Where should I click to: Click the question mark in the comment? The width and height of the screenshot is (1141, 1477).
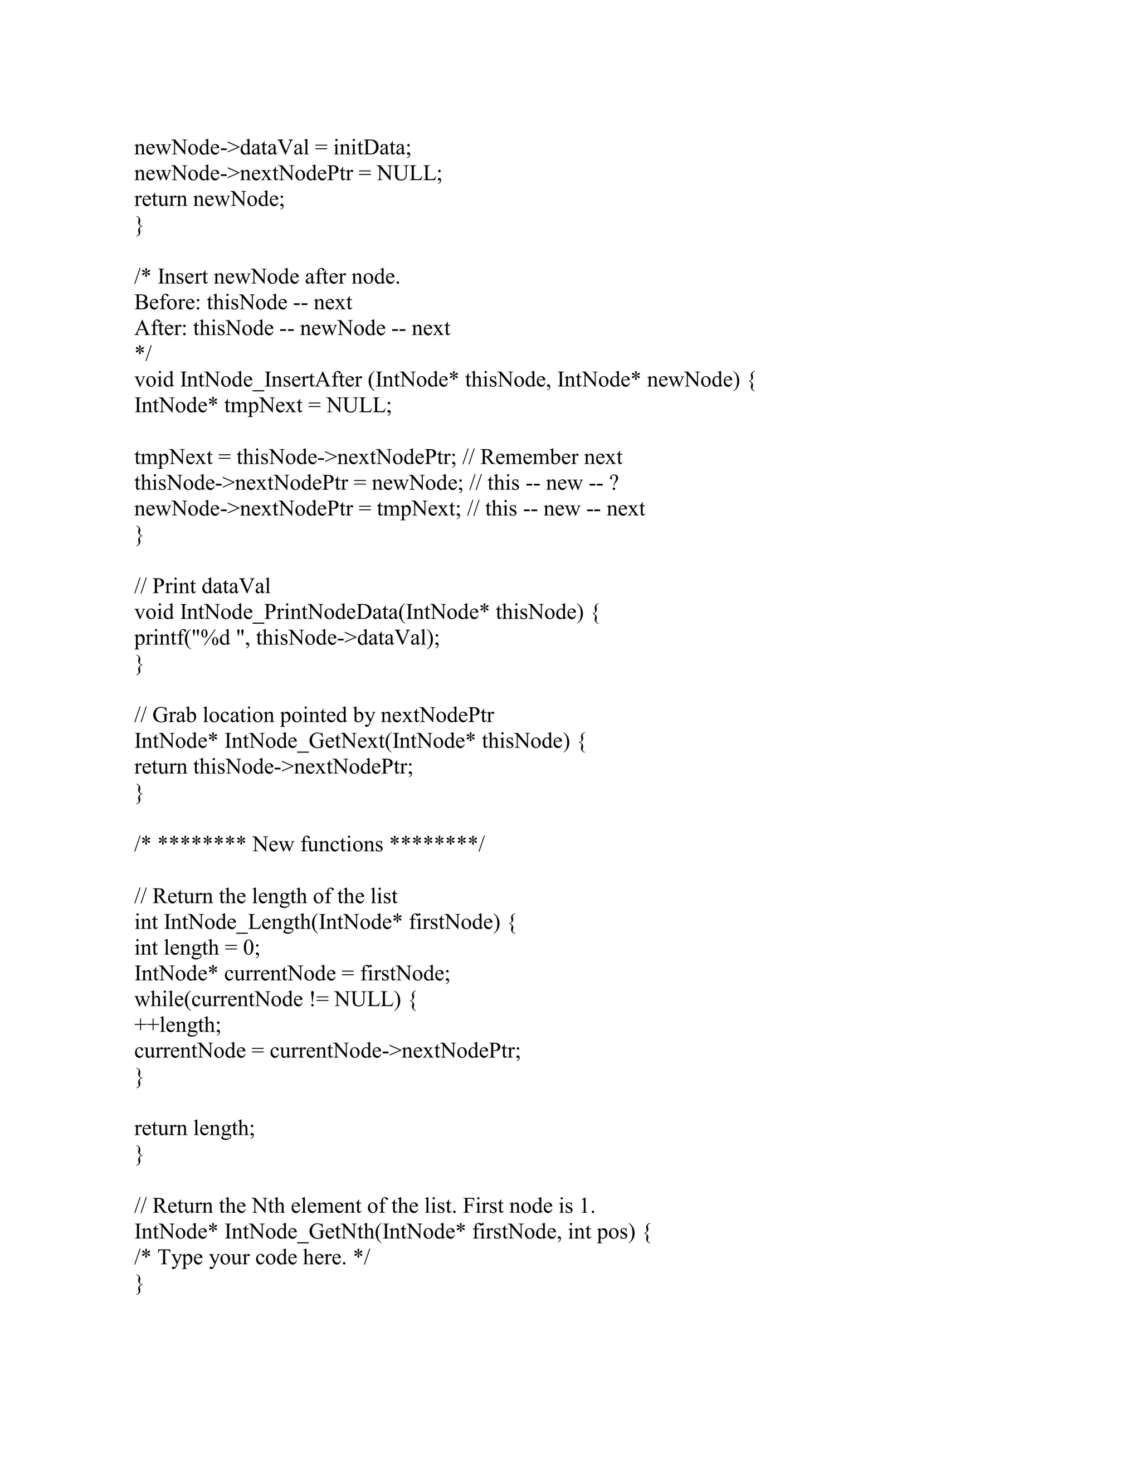(x=614, y=483)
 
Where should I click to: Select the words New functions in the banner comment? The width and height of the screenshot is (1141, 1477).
(x=317, y=844)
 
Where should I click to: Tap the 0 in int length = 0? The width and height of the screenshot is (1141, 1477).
(x=248, y=948)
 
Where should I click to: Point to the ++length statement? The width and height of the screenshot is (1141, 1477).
(x=178, y=1025)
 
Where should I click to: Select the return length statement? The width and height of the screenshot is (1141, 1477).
(x=194, y=1128)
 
